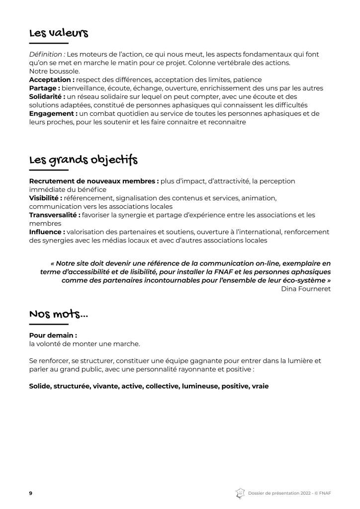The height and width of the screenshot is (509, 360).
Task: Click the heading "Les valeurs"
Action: [x=59, y=33]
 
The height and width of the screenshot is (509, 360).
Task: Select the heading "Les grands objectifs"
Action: [x=84, y=160]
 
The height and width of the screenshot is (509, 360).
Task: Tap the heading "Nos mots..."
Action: [x=59, y=314]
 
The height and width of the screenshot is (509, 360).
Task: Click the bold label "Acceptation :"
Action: [x=52, y=80]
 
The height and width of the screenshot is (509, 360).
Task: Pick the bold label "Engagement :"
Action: [x=53, y=113]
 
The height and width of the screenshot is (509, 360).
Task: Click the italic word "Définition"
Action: [x=46, y=54]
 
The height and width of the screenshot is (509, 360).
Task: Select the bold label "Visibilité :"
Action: [x=46, y=198]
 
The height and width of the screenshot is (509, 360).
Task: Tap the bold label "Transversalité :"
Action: [x=55, y=215]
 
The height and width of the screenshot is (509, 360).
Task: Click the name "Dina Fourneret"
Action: [x=305, y=289]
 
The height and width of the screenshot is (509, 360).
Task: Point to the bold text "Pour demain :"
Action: [x=53, y=336]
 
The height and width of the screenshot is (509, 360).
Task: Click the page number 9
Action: [x=31, y=493]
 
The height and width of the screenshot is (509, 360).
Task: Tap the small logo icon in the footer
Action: [x=240, y=493]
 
